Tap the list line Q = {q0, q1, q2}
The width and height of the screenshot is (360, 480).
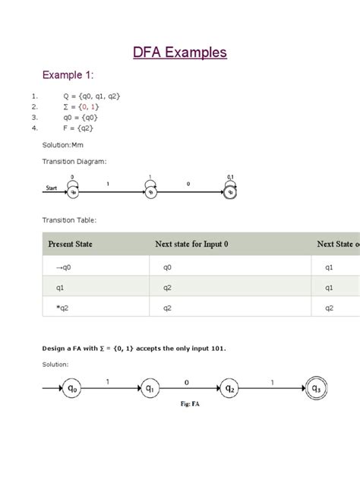pos(92,96)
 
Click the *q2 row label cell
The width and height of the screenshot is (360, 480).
pos(61,308)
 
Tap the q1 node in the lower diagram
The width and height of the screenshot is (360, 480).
pos(150,389)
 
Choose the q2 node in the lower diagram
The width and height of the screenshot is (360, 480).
pos(229,389)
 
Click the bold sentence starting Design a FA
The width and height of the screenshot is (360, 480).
pos(134,348)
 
